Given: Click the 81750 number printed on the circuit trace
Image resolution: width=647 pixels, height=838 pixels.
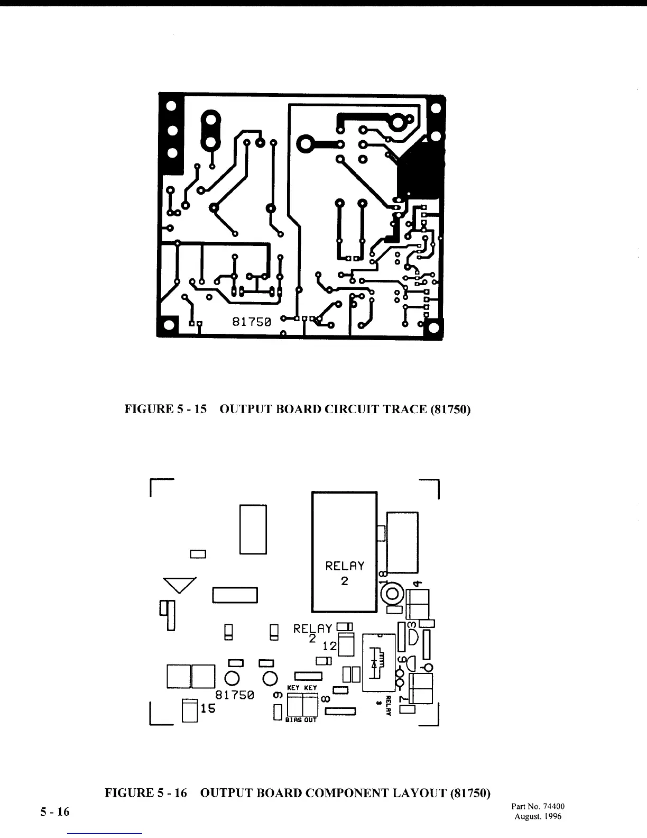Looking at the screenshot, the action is [252, 322].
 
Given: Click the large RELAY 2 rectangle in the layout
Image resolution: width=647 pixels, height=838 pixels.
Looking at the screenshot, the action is [344, 551].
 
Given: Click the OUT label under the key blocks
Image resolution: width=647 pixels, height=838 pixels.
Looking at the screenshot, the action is [310, 720].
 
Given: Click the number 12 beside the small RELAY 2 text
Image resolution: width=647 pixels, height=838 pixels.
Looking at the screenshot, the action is [330, 646].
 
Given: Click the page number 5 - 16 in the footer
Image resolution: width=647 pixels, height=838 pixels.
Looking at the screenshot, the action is [55, 812].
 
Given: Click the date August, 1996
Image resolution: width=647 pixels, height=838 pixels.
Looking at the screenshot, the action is [538, 816].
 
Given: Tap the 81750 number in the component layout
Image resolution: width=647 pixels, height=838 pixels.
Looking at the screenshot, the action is [235, 695].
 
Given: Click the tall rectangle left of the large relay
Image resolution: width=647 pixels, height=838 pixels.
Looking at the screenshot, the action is [253, 529].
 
